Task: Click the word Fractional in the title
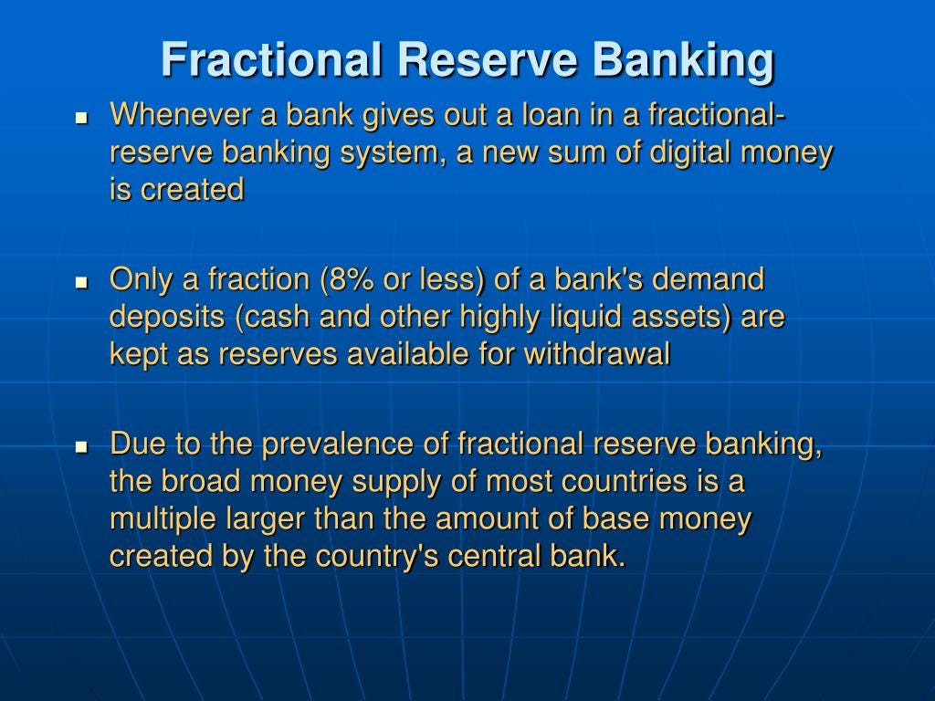pos(271,59)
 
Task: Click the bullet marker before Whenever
pos(81,118)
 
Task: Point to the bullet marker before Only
pos(81,282)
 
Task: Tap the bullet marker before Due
pos(81,446)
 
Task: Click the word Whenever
pos(181,114)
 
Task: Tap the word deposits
pos(167,318)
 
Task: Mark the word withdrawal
pos(597,353)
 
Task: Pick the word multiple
pos(163,519)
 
